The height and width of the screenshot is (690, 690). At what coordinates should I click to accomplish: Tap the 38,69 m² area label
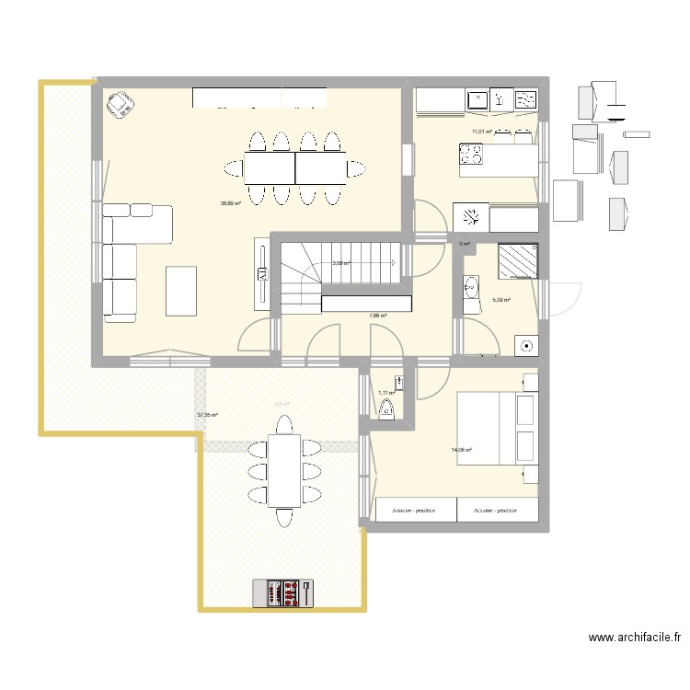point(230,204)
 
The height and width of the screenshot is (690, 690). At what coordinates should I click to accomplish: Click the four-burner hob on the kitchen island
point(471,158)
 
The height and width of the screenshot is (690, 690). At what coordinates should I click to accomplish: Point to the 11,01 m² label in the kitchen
point(481,132)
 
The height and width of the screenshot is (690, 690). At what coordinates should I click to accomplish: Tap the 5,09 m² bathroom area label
point(500,299)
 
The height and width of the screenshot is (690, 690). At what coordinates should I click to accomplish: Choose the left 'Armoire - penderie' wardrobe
point(416,510)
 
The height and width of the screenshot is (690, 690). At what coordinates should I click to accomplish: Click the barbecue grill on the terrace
point(283,592)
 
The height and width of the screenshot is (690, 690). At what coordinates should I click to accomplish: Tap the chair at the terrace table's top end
point(283,425)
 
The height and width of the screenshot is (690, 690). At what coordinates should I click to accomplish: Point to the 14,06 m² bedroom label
point(461,450)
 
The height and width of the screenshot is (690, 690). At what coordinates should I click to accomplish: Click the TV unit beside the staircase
point(262,273)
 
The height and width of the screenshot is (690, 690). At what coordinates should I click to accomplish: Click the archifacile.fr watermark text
point(635,637)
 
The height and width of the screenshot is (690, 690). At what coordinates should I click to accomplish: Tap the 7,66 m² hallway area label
point(377,316)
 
